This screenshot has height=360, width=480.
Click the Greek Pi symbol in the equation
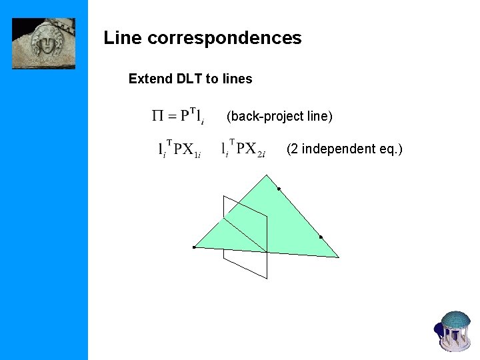pos(157,116)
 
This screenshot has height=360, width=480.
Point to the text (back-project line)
pos(279,117)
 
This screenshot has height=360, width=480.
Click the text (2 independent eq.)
pos(344,149)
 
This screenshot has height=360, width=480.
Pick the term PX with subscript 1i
pos(186,149)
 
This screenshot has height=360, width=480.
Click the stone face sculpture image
pos(44,43)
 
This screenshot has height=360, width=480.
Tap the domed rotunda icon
pos(455,330)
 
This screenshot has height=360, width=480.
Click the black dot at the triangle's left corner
pos(193,247)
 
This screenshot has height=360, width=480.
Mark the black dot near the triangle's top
pos(279,189)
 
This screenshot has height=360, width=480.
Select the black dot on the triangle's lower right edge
pos(321,237)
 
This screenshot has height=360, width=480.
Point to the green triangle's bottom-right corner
pos(339,257)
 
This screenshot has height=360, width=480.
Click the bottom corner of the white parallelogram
pos(267,278)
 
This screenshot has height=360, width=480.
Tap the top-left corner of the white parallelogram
pos(224,196)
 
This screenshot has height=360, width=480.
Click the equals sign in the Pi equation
pos(171,117)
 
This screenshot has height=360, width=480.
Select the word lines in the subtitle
pos(237,79)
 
